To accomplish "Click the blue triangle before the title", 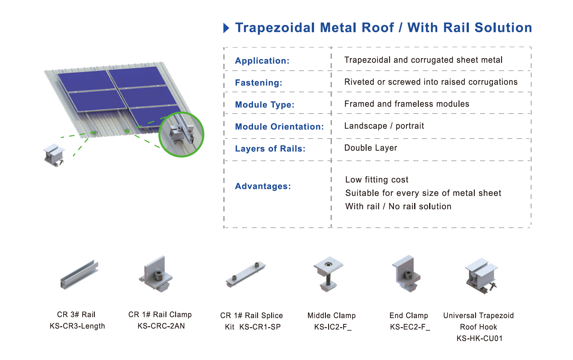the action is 226,28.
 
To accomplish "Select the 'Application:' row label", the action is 262,61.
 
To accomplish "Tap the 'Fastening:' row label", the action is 259,83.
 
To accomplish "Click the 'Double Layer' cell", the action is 371,148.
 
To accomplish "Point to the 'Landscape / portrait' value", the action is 384,126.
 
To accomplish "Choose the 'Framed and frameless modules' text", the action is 407,104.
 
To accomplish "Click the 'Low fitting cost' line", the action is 377,180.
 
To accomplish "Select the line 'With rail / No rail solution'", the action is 398,206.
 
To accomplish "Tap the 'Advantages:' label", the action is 263,186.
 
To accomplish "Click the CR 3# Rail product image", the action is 79,274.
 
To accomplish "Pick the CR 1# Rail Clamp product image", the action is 156,274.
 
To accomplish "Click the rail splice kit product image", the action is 246,274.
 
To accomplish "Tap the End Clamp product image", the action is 406,274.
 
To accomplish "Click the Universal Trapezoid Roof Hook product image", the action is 481,276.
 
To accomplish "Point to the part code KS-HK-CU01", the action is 479,338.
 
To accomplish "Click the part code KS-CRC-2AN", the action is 161,326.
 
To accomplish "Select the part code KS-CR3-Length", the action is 77,326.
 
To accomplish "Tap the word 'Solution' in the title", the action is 503,28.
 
